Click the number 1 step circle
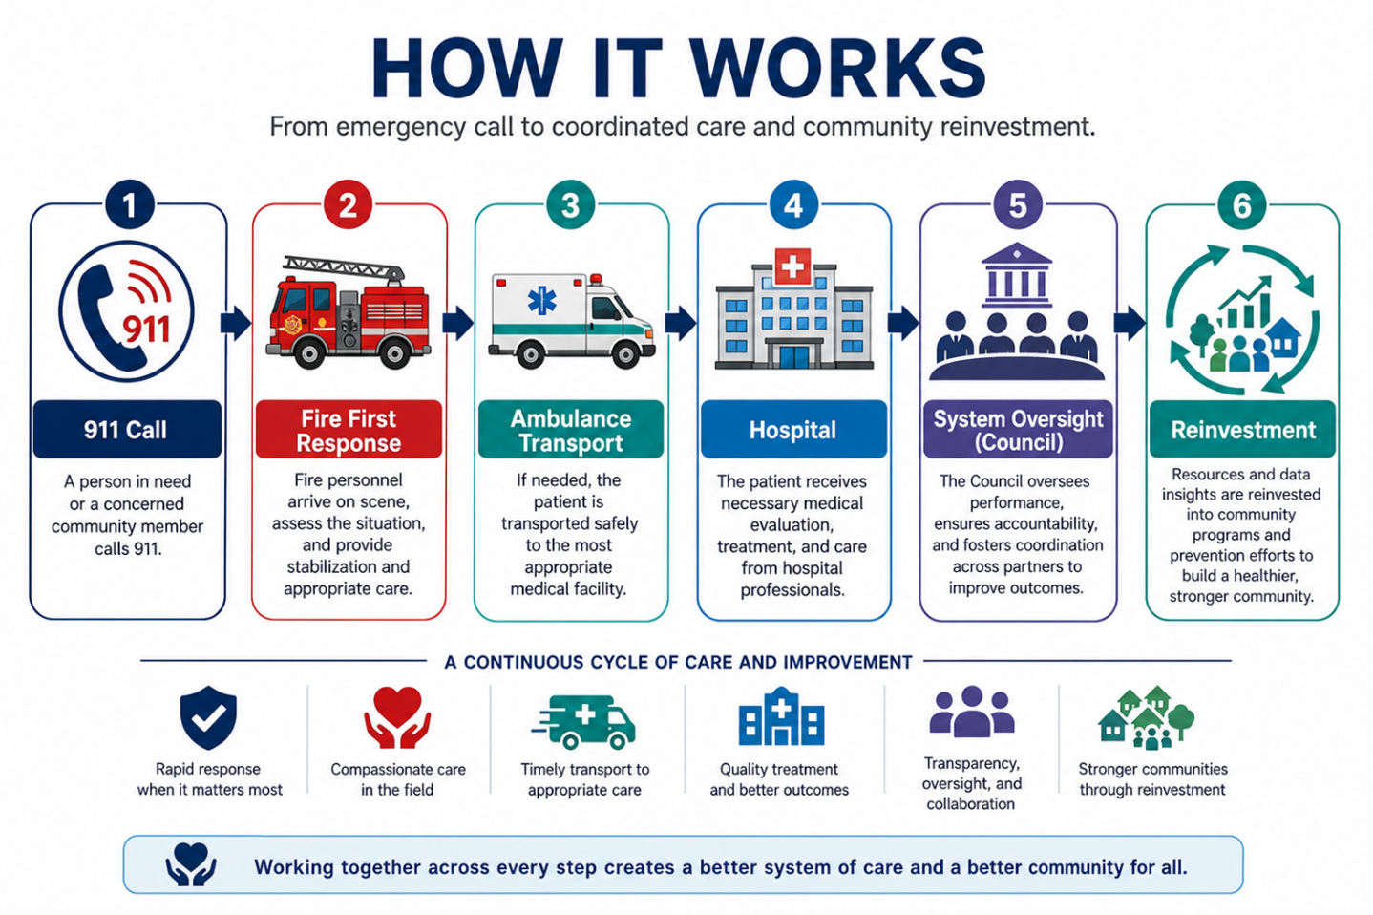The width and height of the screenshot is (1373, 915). tap(129, 204)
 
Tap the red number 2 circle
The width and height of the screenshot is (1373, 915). tap(349, 204)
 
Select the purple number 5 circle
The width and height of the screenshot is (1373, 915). tap(1018, 204)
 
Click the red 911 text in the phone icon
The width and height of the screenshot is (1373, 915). tap(146, 330)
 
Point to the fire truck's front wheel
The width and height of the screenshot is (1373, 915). tap(310, 352)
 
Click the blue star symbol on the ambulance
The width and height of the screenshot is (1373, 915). tap(542, 301)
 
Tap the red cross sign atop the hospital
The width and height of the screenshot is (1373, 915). tap(792, 266)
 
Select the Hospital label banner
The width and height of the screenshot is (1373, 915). tap(793, 429)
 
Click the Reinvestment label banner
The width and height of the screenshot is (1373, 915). tap(1242, 429)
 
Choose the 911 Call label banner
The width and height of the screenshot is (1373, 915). tap(127, 429)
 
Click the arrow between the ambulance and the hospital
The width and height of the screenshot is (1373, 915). tap(680, 323)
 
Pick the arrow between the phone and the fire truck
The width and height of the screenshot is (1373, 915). tap(236, 323)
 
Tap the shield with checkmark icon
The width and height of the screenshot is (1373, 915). tap(208, 717)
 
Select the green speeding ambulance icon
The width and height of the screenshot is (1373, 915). tap(583, 722)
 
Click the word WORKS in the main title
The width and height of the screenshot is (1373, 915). tap(838, 68)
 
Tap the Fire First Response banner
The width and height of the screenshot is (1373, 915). tap(349, 429)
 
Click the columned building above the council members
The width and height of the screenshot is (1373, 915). tap(1017, 275)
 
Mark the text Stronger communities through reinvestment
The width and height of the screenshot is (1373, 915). tap(1152, 778)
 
